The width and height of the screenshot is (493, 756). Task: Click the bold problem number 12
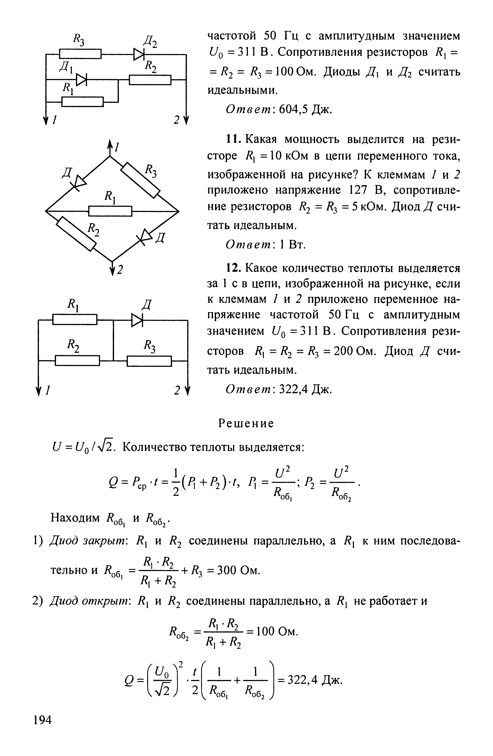pyautogui.click(x=234, y=268)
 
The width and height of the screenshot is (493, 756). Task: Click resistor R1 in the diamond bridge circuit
pyautogui.click(x=110, y=211)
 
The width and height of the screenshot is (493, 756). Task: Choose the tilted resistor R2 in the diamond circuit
pyautogui.click(x=76, y=234)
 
